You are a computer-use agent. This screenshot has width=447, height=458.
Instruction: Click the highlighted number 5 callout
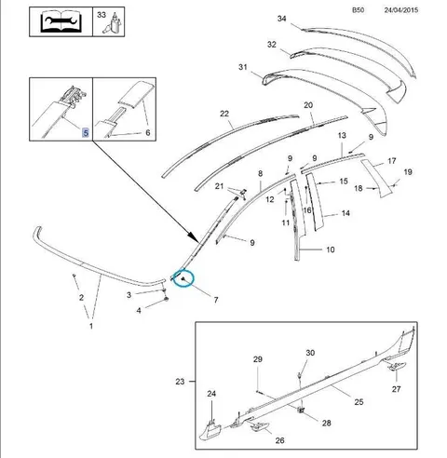tap(86, 133)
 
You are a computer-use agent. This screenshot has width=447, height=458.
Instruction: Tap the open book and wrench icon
tap(61, 21)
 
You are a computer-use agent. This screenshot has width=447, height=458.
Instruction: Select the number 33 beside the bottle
tap(102, 15)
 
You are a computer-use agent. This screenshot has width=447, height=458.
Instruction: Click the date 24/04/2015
tap(401, 10)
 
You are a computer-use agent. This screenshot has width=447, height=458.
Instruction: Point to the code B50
tap(358, 10)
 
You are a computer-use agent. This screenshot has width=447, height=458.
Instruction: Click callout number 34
tap(281, 19)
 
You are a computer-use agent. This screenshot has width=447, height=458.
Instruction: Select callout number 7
tap(216, 300)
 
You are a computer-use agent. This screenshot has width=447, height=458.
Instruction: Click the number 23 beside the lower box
tap(180, 382)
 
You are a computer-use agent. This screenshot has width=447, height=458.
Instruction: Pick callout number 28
tap(326, 423)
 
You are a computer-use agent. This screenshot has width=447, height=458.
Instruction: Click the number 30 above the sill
tap(310, 353)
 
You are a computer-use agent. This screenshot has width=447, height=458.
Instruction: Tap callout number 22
tap(224, 114)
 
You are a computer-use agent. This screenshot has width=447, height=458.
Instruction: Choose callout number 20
tap(308, 105)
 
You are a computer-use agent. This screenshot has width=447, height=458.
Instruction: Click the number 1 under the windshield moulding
tap(91, 326)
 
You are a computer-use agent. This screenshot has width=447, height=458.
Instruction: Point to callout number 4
tap(139, 310)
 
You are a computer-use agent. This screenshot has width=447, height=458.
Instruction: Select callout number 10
tap(331, 249)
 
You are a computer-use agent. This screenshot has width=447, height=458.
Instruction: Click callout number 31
tap(243, 67)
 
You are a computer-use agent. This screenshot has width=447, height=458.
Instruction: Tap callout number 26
tap(279, 440)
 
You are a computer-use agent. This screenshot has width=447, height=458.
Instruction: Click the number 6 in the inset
tap(148, 133)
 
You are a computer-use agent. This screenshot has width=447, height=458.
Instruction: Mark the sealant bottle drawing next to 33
tap(115, 23)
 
